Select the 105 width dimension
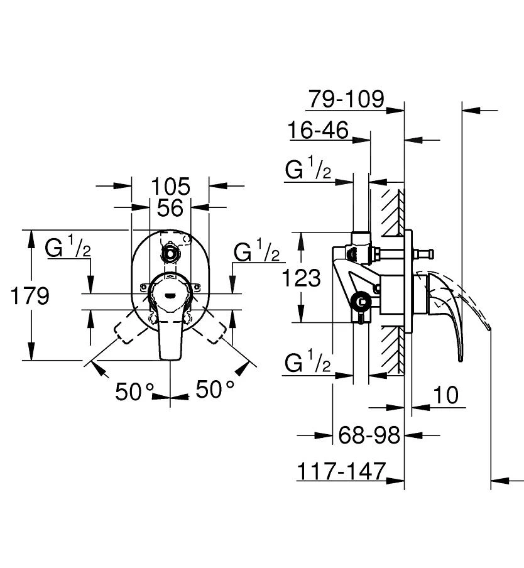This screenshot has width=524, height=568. tap(170, 186)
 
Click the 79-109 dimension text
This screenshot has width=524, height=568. tap(346, 99)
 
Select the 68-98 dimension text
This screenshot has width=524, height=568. tap(369, 434)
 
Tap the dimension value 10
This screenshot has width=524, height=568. tap(445, 396)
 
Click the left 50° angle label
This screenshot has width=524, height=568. tap(134, 391)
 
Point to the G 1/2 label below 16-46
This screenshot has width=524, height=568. tap(308, 170)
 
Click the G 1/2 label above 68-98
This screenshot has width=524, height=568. tap(308, 363)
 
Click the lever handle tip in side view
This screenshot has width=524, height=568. tap(460, 358)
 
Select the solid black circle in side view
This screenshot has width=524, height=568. tap(361, 302)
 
